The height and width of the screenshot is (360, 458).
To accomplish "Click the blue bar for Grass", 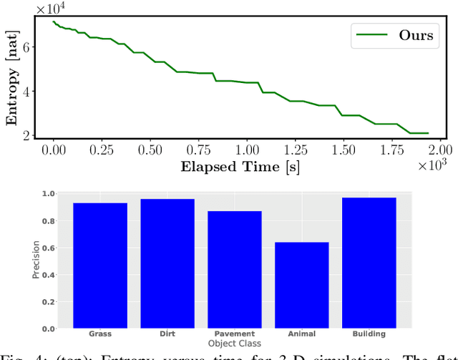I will click(x=99, y=266).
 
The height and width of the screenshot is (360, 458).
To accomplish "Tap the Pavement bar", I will click(x=234, y=269).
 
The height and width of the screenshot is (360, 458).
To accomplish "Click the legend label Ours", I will click(x=416, y=37).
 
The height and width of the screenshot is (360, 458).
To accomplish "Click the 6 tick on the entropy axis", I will click(x=29, y=47).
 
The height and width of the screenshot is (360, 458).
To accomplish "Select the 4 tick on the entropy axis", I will click(x=29, y=91).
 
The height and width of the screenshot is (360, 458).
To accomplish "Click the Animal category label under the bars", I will click(x=301, y=334).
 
